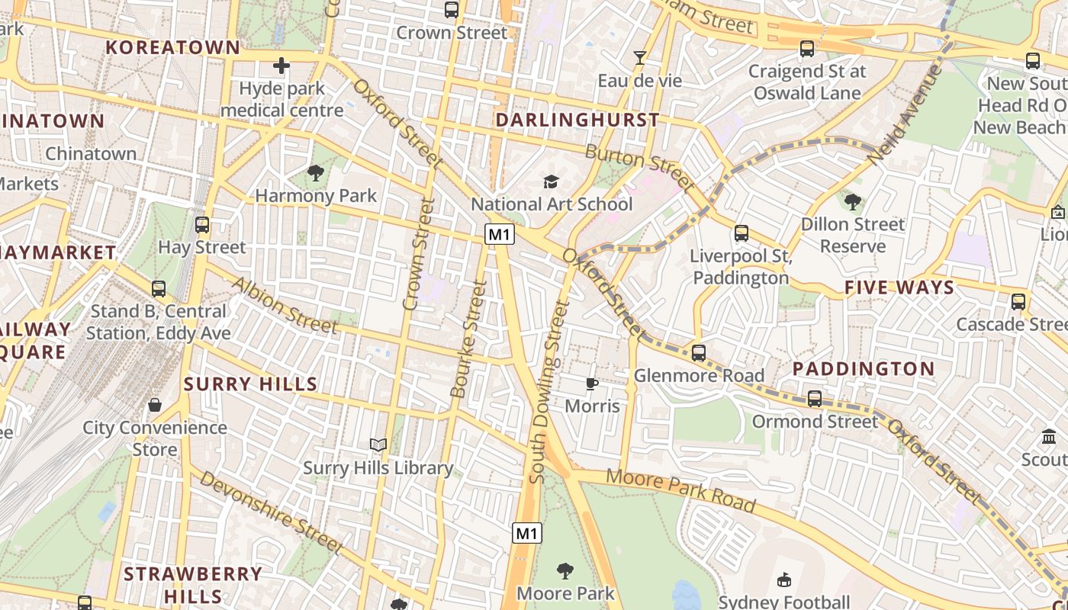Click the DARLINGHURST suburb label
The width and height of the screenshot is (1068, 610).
click(x=577, y=120)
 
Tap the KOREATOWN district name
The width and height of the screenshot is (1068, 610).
click(x=172, y=47)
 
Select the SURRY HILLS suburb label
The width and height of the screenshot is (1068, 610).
click(x=250, y=384)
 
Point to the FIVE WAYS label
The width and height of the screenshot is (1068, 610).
click(x=899, y=287)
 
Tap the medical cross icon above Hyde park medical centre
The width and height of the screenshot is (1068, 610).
click(x=281, y=66)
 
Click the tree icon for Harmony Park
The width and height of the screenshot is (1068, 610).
click(x=316, y=173)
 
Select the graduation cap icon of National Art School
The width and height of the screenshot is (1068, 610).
click(x=551, y=181)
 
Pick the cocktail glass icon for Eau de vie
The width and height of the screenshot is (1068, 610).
click(x=639, y=58)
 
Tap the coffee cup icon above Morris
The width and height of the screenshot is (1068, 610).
click(x=592, y=384)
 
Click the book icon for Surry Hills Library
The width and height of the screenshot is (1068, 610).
click(x=378, y=445)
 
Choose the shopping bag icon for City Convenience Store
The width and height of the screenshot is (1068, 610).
click(x=155, y=405)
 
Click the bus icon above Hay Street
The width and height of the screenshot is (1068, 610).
click(x=202, y=225)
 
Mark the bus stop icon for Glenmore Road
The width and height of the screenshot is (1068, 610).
click(x=699, y=353)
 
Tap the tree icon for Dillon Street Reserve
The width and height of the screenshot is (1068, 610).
click(x=852, y=201)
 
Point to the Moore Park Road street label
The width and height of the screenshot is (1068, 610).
click(x=681, y=491)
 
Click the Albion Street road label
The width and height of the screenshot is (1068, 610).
click(x=285, y=306)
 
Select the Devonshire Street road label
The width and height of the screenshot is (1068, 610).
click(x=270, y=512)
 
